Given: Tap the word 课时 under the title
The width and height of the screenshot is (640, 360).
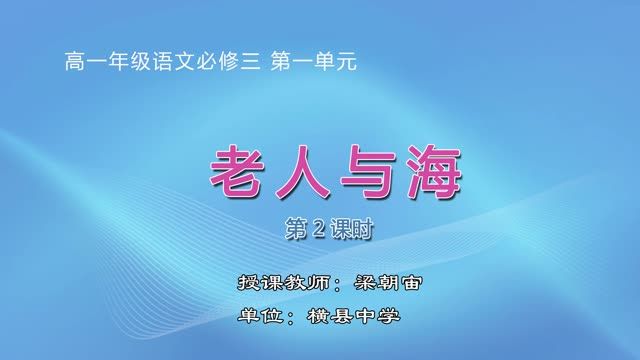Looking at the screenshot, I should coord(339,229).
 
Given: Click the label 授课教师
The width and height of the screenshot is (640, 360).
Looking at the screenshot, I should coord(268,281).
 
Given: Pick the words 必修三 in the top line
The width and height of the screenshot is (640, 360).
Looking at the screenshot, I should coord(221,61).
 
